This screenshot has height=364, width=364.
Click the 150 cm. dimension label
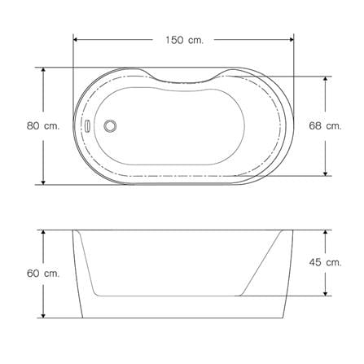184,40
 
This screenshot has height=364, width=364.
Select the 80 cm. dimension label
43,126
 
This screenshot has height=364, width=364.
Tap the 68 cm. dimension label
325,126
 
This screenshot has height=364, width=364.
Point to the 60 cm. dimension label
43,274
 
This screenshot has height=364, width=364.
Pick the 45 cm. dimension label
325,262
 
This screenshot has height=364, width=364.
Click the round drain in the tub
110,126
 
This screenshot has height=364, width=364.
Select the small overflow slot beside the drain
87,126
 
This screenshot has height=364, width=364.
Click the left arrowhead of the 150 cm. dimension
76,40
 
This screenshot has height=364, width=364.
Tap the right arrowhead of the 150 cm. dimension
292,40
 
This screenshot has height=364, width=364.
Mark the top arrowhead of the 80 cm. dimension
43,70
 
